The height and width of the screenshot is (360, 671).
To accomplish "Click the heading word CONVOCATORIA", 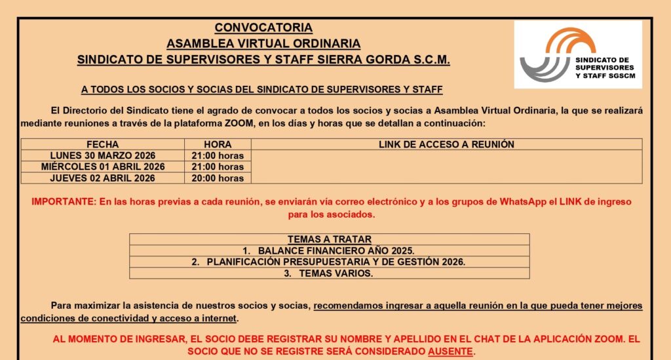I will coord(263,28).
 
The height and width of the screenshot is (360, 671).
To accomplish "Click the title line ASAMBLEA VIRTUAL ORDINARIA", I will coord(263,44).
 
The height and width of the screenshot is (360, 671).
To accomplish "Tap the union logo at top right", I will coord(577,54).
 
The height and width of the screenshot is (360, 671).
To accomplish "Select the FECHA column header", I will coord(102,144).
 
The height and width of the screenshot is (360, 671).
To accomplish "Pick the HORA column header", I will coord(218,144).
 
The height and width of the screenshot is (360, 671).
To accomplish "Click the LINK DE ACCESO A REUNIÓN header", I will coord(446,144).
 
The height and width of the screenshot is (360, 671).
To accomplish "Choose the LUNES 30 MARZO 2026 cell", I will coord(102,155).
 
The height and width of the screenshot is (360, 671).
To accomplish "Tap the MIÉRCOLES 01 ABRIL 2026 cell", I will coord(102,167).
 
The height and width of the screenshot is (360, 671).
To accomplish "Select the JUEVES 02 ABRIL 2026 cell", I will coord(102,178).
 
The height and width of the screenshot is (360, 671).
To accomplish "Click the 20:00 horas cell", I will coord(218,178).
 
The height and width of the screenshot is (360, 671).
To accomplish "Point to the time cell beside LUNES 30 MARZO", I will coord(218,155).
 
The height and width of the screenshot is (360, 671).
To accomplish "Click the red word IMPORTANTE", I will coord(63,202).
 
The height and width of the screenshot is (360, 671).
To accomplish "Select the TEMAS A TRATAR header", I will coord(329,239).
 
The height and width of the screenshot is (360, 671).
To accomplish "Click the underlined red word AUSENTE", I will coord(450,351).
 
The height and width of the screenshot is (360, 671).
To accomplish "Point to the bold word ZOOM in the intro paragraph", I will coord(235,123).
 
